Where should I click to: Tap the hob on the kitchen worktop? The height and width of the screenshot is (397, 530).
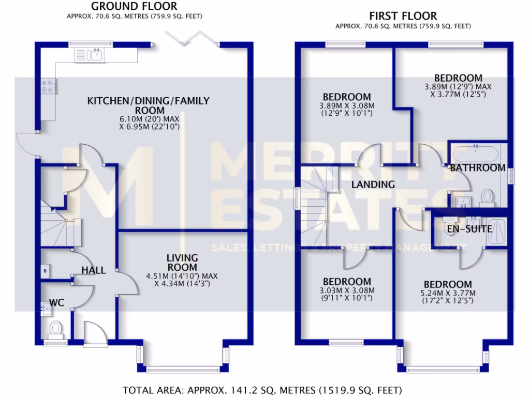pos(47,86)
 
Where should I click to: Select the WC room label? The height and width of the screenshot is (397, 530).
pos(56,302)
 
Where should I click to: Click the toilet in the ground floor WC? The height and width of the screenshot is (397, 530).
pos(55,328)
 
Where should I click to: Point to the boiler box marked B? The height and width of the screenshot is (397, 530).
pos(45,270)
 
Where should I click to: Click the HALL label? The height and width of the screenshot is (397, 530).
pos(94,270)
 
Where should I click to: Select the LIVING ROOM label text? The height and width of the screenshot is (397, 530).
pos(182,262)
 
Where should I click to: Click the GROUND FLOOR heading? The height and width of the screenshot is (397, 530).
pos(134,7)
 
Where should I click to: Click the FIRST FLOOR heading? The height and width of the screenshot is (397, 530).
pos(403,16)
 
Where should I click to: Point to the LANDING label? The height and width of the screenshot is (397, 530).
pos(373,185)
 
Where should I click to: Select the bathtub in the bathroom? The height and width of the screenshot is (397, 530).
pos(476,154)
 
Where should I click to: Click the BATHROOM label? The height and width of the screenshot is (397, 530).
pos(477,168)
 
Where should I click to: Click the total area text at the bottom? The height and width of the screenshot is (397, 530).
pos(261,389)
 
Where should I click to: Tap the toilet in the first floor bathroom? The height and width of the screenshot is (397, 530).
pos(487,196)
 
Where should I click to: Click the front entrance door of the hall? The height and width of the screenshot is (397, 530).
pos(94,332)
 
